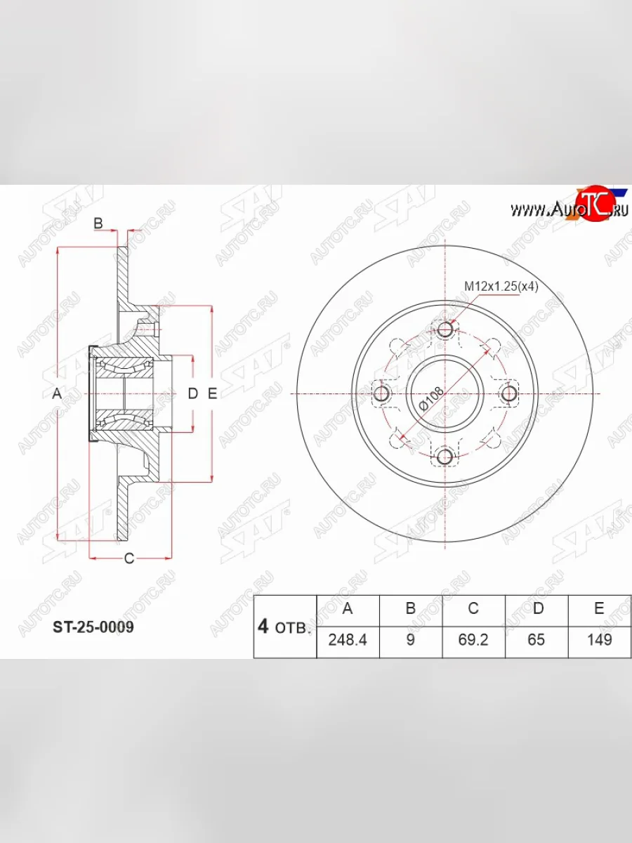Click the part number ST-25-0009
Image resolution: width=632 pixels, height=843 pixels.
93,627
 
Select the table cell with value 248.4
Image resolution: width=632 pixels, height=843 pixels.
348,640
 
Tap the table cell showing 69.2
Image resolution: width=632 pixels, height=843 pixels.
473,640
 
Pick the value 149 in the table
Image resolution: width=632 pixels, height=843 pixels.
599,640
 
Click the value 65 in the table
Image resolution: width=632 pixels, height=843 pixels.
536,640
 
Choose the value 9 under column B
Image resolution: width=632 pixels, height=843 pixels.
411,640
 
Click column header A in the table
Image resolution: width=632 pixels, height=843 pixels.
348,609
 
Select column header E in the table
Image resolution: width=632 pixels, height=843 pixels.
599,609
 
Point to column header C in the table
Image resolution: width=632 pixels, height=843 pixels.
473,609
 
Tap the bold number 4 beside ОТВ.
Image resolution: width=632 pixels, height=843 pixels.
263,627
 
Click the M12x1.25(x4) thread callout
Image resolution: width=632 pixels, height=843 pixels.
501,286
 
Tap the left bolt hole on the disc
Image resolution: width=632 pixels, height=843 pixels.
382,393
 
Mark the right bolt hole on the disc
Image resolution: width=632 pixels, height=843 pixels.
508,393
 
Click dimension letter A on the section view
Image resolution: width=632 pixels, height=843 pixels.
58,394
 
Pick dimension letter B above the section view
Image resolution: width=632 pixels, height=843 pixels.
98,223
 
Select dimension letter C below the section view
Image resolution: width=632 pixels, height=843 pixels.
129,558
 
